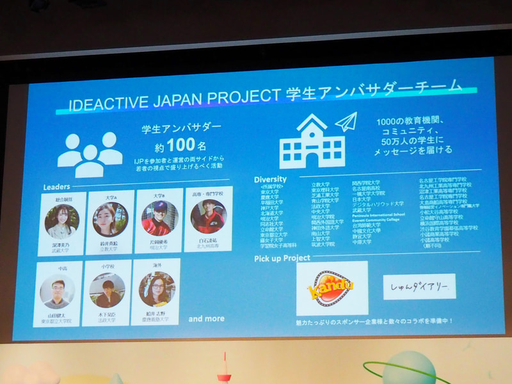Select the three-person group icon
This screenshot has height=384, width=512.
coord(90,154)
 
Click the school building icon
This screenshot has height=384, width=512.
coord(312,141)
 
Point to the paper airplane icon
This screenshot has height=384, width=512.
coord(346,122)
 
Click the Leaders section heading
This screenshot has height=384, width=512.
coord(56,186)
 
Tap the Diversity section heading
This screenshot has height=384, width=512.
coord(270,179)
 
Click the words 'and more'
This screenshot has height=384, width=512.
coord(206,318)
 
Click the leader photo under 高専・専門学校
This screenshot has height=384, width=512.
coord(207,217)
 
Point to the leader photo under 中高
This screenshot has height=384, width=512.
coord(57,291)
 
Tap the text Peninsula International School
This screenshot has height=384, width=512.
coord(378,215)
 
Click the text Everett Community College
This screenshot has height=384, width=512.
coord(376,220)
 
